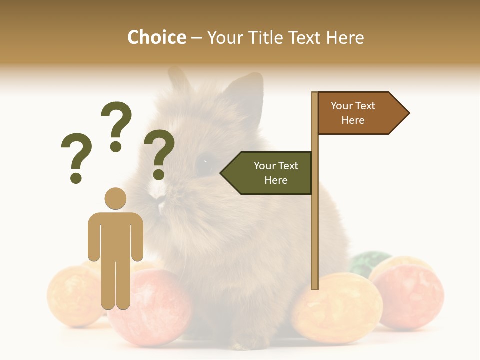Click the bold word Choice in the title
(x=156, y=37)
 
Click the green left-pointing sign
(x=270, y=173)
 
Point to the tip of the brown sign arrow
(x=408, y=113)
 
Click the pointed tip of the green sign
(x=222, y=173)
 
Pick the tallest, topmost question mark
(x=116, y=125)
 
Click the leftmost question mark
(x=76, y=156)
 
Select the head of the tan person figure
(x=115, y=198)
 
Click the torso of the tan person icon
(x=115, y=235)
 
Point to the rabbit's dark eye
(x=204, y=163)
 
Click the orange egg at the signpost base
(x=337, y=307)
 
